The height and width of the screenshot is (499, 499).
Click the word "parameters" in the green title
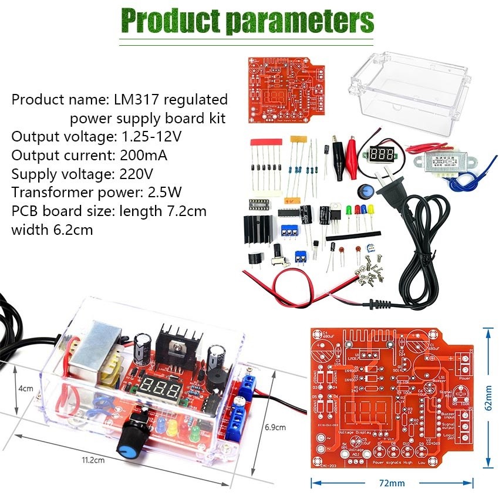tap(300, 21)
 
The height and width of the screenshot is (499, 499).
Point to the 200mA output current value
tap(144, 156)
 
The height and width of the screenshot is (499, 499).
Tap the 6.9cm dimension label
tap(275, 426)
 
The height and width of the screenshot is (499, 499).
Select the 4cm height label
tap(25, 388)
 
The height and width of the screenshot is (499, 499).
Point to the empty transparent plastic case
tap(410, 93)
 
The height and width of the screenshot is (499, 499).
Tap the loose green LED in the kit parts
tap(349, 211)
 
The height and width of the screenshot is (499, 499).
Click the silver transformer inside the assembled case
tap(93, 353)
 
